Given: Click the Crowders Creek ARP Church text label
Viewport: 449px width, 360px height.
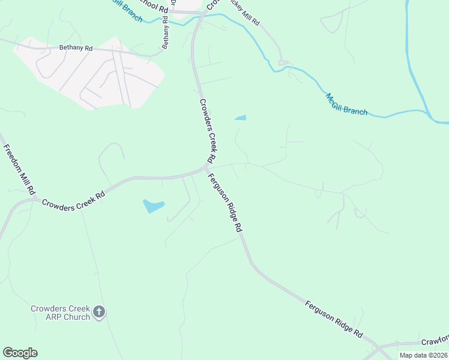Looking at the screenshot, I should (x=60, y=313).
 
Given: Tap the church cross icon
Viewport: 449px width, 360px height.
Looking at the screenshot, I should (x=100, y=312).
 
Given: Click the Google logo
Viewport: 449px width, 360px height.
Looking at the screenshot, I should (x=20, y=353).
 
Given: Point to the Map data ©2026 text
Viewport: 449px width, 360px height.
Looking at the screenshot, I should (x=423, y=355).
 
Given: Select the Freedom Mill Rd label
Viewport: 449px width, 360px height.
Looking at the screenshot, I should (x=19, y=169).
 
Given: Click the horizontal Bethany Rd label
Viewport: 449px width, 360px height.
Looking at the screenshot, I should (x=76, y=48).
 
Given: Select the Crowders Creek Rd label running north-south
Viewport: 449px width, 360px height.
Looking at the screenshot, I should (x=206, y=131).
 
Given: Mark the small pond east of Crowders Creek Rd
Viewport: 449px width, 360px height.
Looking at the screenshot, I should (x=240, y=118).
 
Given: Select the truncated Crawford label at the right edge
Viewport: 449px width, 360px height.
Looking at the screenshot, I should (x=434, y=341).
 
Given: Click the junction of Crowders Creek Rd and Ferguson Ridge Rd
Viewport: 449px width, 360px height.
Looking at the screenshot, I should (x=206, y=169).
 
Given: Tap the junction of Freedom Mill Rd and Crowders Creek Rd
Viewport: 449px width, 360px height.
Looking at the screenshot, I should (x=36, y=198).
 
